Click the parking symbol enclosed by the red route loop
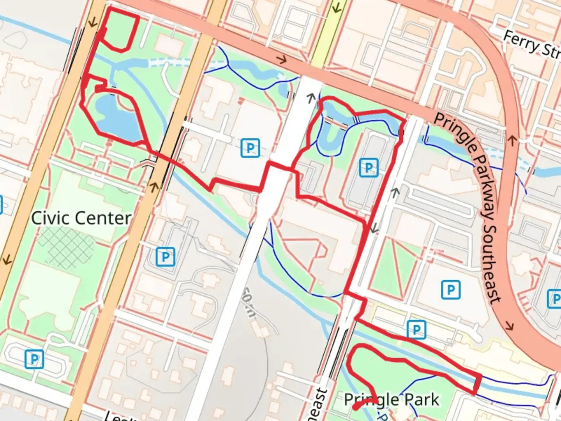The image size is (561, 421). pyautogui.click(x=368, y=168)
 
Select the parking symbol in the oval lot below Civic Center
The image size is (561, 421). pyautogui.click(x=34, y=359)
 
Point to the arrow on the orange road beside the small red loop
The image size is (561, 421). pyautogui.click(x=92, y=22)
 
